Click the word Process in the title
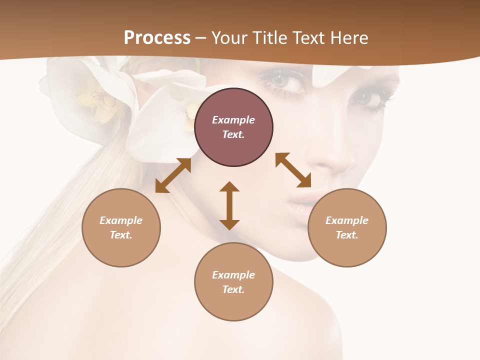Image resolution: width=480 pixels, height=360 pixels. click(157, 37)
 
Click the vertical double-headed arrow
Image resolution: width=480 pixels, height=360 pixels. click(229, 205)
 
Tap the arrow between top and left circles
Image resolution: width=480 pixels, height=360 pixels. click(173, 175)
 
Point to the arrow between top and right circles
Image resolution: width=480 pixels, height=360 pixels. click(293, 170)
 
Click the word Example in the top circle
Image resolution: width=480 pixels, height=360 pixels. click(233, 120)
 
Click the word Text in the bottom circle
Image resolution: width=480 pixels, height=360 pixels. click(233, 289)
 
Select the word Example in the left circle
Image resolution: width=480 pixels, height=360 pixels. click(121, 220)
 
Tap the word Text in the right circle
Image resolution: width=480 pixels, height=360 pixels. click(347, 235)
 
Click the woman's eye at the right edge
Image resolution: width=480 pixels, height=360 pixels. click(370, 97)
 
